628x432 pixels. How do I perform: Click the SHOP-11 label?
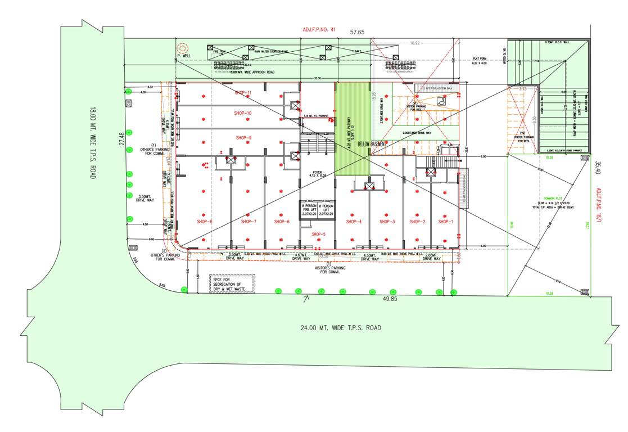pos(243,92)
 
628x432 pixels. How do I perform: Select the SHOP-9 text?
pos(243,138)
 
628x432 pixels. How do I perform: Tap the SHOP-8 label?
pos(204,222)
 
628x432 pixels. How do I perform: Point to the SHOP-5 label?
pos(318,233)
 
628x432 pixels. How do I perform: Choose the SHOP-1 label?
pos(445,222)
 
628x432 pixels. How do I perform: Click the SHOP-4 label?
pos(354,222)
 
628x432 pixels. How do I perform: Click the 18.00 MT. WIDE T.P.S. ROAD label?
pos(93,143)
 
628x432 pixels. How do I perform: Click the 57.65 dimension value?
pos(357,33)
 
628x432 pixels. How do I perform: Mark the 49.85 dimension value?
pos(390,299)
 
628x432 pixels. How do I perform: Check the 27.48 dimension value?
pos(122,139)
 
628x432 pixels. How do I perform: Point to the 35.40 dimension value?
pos(598,168)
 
